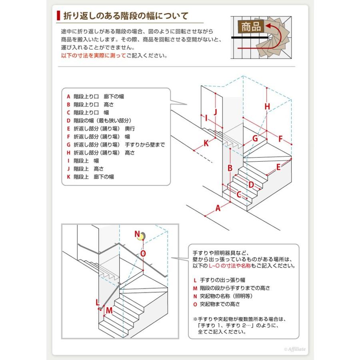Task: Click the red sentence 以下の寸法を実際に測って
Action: pyautogui.click(x=93, y=56)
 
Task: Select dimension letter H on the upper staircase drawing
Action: pyautogui.click(x=267, y=106)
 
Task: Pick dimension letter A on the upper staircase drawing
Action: pyautogui.click(x=218, y=208)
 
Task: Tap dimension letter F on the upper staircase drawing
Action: pyautogui.click(x=280, y=139)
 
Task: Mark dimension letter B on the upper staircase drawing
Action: pyautogui.click(x=230, y=168)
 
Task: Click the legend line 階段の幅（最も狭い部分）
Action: pyautogui.click(x=102, y=120)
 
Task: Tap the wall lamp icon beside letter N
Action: pyautogui.click(x=141, y=236)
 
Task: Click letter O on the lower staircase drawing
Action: pyautogui.click(x=143, y=253)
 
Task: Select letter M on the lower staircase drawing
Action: pyautogui.click(x=109, y=310)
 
